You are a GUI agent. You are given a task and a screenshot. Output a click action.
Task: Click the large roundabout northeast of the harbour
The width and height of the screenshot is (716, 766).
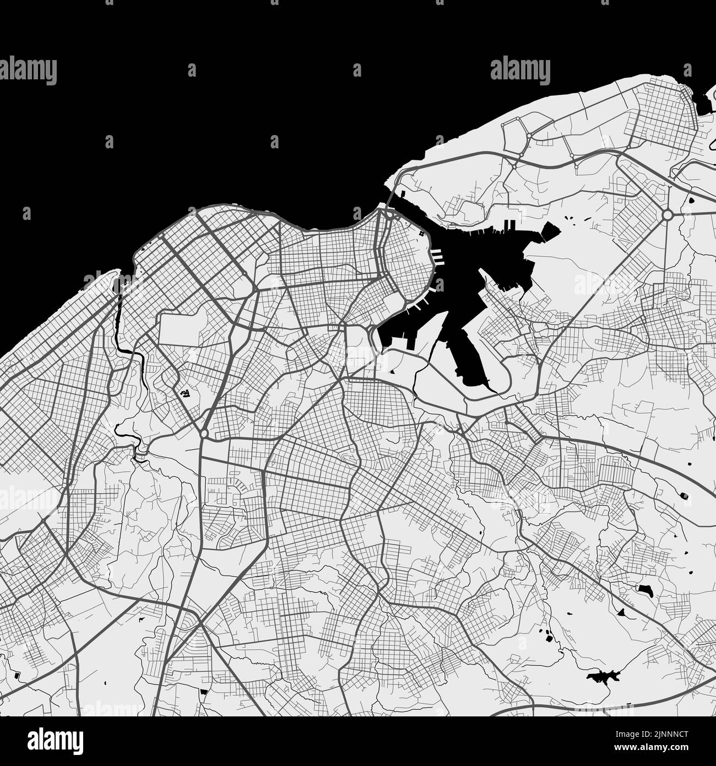[x=668, y=214]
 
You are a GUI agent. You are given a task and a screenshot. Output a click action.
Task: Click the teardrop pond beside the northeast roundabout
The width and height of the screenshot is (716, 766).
[x=688, y=202]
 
